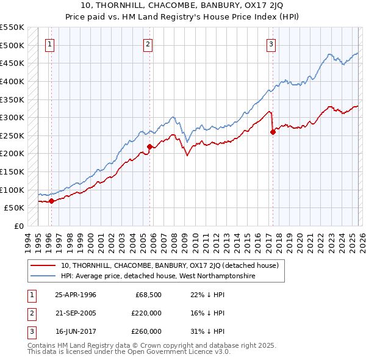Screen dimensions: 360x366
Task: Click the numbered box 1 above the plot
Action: pyautogui.click(x=49, y=43)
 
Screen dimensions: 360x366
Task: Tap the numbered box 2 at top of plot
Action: pyautogui.click(x=148, y=43)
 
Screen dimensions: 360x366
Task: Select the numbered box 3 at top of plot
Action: pyautogui.click(x=271, y=43)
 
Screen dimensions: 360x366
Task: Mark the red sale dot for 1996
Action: pyautogui.click(x=52, y=201)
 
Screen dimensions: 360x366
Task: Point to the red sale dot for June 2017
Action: pyautogui.click(x=273, y=132)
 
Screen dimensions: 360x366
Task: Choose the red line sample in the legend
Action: pyautogui.click(x=43, y=265)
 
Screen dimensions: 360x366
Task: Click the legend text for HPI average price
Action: pyautogui.click(x=157, y=276)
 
